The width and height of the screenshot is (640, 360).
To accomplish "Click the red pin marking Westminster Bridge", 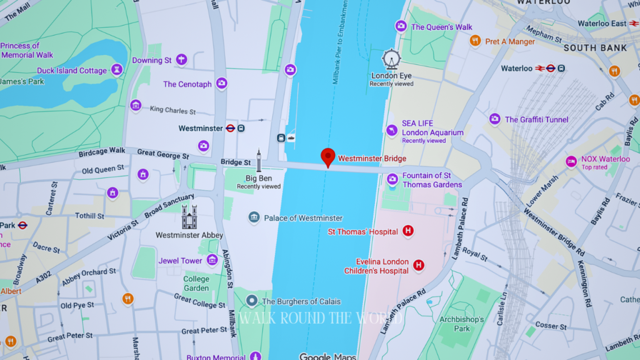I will click(x=328, y=157).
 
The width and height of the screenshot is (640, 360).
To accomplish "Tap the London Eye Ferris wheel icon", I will click(x=391, y=59).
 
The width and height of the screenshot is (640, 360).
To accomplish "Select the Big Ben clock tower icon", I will click(x=259, y=161).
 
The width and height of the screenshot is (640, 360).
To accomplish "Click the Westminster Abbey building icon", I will click(x=189, y=217).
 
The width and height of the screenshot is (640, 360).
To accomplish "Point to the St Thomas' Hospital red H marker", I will click(x=408, y=231).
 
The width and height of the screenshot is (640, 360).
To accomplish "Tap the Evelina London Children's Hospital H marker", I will click(x=419, y=266).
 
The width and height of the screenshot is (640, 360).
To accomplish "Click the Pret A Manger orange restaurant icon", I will click(x=476, y=41).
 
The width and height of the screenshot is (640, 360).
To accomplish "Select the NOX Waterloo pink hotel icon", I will click(x=571, y=162).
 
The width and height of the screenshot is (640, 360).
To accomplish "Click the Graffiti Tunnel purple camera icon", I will click(x=495, y=119).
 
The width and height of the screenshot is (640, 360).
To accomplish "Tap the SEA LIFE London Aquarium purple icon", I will click(x=392, y=130).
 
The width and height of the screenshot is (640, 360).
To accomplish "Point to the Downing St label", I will click(x=152, y=61).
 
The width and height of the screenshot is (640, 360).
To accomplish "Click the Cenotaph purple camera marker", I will click(x=221, y=83).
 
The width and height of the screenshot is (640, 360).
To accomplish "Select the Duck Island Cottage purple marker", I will click(x=116, y=70).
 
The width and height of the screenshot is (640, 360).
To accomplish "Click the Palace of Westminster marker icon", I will click(x=254, y=217).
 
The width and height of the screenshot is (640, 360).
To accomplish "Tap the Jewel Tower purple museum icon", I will click(x=212, y=260).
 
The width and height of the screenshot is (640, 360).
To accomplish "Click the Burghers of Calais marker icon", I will click(x=252, y=301).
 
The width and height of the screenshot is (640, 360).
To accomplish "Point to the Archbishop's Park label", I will click(x=462, y=324).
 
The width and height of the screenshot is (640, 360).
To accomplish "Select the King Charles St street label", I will click(x=173, y=111).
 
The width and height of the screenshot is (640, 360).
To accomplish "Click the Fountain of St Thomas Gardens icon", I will click(x=392, y=179).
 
